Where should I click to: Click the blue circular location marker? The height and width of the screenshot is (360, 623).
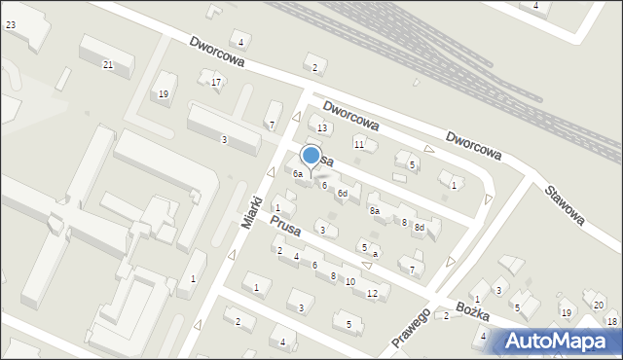pyautogui.click(x=311, y=155)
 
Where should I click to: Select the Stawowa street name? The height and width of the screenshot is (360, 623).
pyautogui.click(x=565, y=204)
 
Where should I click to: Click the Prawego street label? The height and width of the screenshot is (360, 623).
pyautogui.click(x=411, y=331)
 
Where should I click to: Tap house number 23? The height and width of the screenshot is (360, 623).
pyautogui.click(x=10, y=24)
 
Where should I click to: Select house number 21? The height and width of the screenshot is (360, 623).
pyautogui.click(x=108, y=65)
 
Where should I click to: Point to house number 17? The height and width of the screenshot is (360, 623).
pyautogui.click(x=216, y=82)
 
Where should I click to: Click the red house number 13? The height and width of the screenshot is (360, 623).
pyautogui.click(x=322, y=128)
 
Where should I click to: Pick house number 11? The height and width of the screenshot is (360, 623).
pyautogui.click(x=359, y=144)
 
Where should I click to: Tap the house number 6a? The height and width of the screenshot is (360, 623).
pyautogui.click(x=299, y=174)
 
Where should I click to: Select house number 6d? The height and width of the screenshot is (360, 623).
pyautogui.click(x=342, y=194)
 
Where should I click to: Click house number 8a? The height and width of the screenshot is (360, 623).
pyautogui.click(x=374, y=210)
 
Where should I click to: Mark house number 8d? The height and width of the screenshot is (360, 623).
pyautogui.click(x=420, y=228)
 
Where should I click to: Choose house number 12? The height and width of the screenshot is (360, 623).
pyautogui.click(x=372, y=293)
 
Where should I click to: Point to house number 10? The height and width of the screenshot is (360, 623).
pyautogui.click(x=350, y=282)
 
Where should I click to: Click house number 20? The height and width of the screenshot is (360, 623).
pyautogui.click(x=598, y=306)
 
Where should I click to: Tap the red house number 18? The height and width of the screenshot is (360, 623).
pyautogui.click(x=611, y=321)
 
